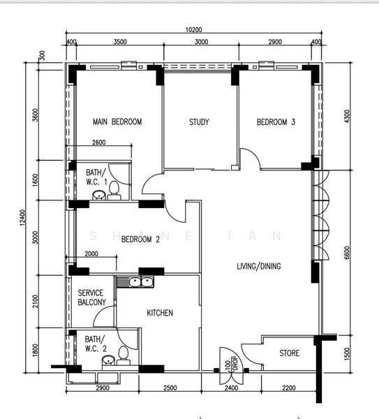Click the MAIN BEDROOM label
click(117, 122)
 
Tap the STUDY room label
click(199, 122)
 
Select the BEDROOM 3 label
click(276, 122)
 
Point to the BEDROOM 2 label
click(141, 240)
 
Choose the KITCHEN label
click(159, 313)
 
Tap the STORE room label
click(290, 353)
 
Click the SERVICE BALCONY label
click(92, 297)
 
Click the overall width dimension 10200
click(193, 30)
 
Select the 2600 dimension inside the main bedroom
click(100, 143)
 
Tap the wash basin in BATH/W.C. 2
click(107, 360)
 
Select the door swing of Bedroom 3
click(250, 159)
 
